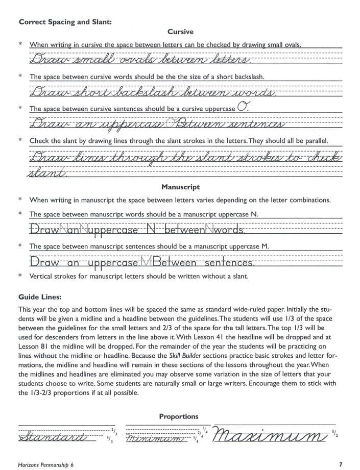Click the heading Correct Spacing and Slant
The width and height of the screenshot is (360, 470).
[x=65, y=21]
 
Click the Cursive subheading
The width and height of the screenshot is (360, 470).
[x=180, y=32]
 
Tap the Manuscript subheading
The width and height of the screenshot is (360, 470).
[x=180, y=187]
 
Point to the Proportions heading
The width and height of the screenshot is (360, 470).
[x=178, y=416]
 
